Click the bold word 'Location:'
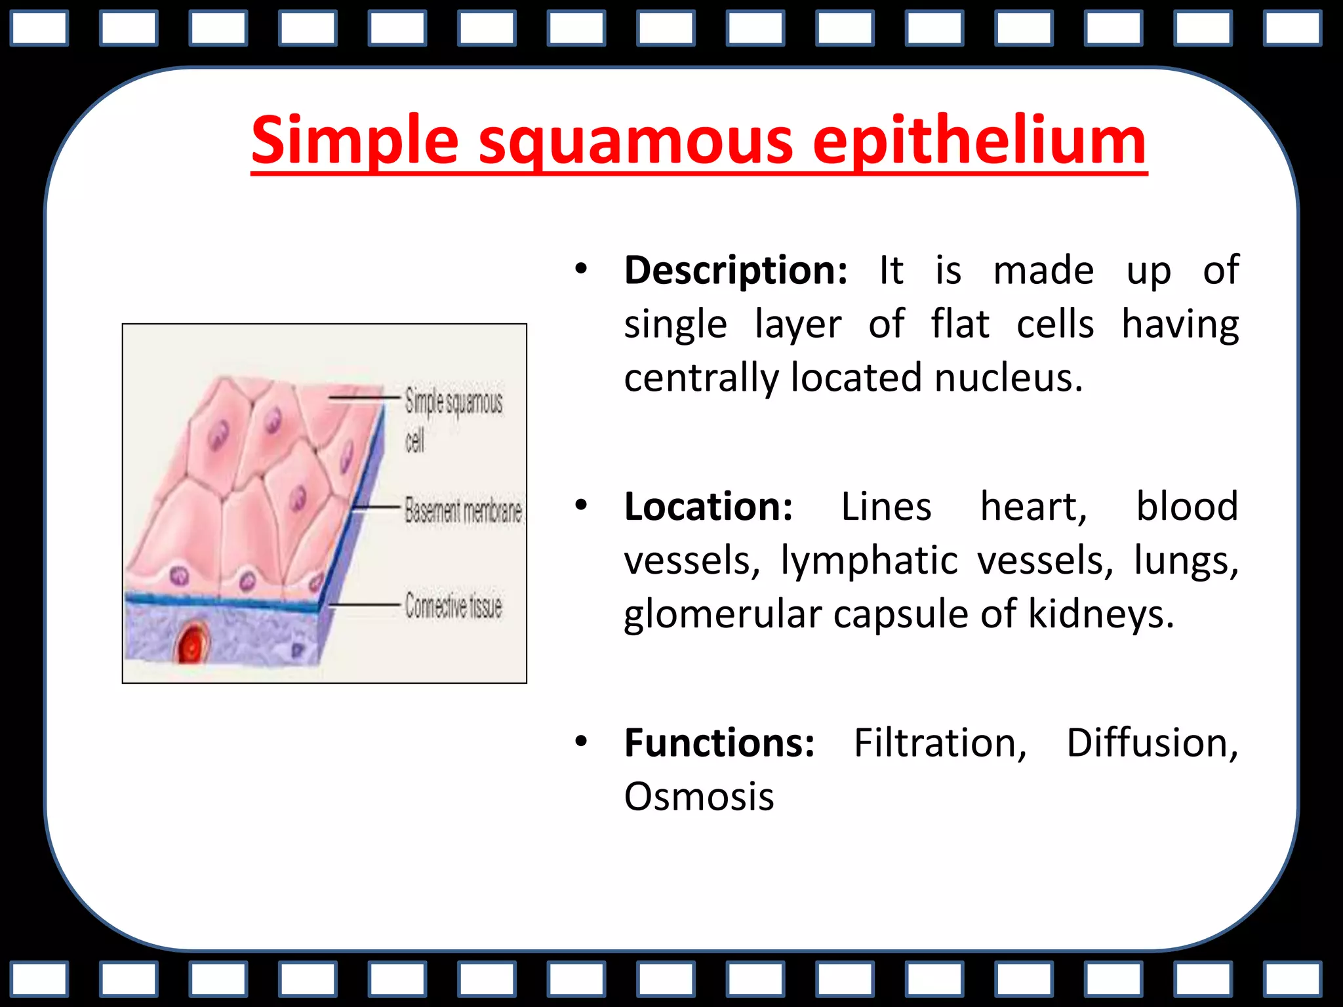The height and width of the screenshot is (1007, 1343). tap(708, 507)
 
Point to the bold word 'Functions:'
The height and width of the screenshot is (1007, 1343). tap(719, 743)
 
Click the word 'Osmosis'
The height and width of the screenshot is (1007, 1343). tap(698, 797)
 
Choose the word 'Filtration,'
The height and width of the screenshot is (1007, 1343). tap(940, 743)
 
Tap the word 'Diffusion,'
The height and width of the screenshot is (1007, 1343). tap(1152, 743)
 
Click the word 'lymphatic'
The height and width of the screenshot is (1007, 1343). tap(869, 561)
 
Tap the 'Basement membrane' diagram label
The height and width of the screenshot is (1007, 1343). tap(463, 510)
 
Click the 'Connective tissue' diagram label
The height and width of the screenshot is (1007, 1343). tap(453, 605)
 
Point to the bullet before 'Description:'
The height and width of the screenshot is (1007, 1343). tap(580, 269)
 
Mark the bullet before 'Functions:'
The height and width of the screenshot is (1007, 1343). tap(580, 741)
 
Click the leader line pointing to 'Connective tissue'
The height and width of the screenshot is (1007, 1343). tap(364, 604)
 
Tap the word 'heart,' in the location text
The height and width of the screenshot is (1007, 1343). tap(1033, 507)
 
